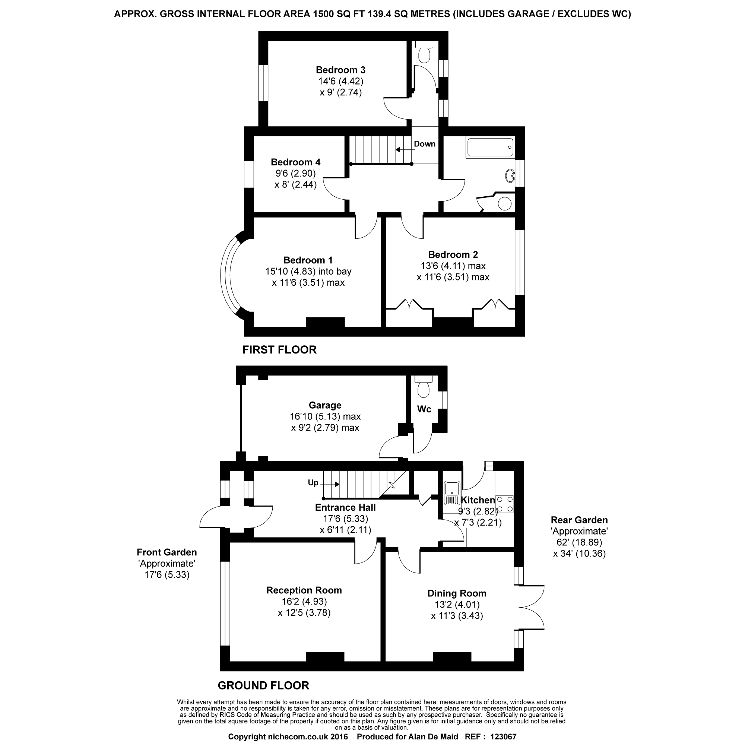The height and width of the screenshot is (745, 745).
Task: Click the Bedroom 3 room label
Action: point(340,70)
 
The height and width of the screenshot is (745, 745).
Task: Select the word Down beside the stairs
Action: point(425,144)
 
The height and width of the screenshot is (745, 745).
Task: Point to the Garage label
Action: point(325,405)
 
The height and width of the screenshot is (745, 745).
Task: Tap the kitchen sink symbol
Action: point(452,493)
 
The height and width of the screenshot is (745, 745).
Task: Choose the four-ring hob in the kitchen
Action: point(504,504)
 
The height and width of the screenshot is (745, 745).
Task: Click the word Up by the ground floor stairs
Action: point(313,483)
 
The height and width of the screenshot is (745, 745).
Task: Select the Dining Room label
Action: point(457,593)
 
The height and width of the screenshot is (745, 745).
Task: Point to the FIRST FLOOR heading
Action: point(280,350)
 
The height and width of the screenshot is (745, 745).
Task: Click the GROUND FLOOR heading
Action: point(263,686)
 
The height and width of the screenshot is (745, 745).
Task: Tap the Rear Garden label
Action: point(579,520)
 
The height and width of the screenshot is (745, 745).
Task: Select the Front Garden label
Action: point(167,552)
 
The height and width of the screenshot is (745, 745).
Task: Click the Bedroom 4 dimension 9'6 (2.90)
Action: point(295,174)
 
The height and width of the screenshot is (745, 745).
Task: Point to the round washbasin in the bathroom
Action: point(510,176)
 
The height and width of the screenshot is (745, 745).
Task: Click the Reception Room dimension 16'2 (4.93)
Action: point(304,602)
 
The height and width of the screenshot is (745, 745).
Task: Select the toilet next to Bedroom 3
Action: point(424,52)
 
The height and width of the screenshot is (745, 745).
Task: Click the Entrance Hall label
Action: point(346,507)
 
